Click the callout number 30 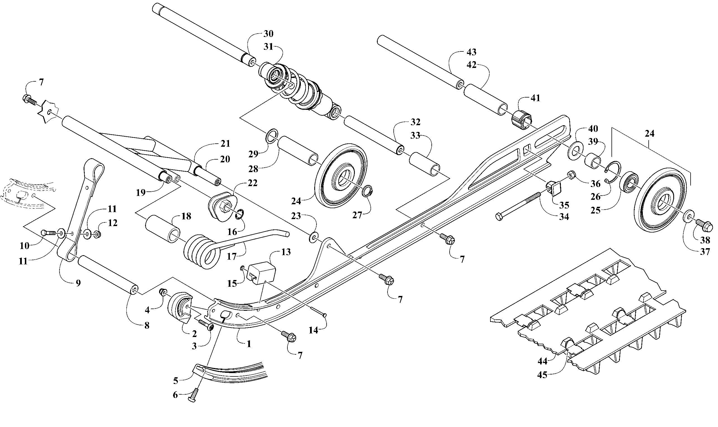click(268, 34)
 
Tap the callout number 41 click(535, 98)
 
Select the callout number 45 click(542, 375)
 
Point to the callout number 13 click(286, 252)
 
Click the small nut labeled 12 click(97, 234)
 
